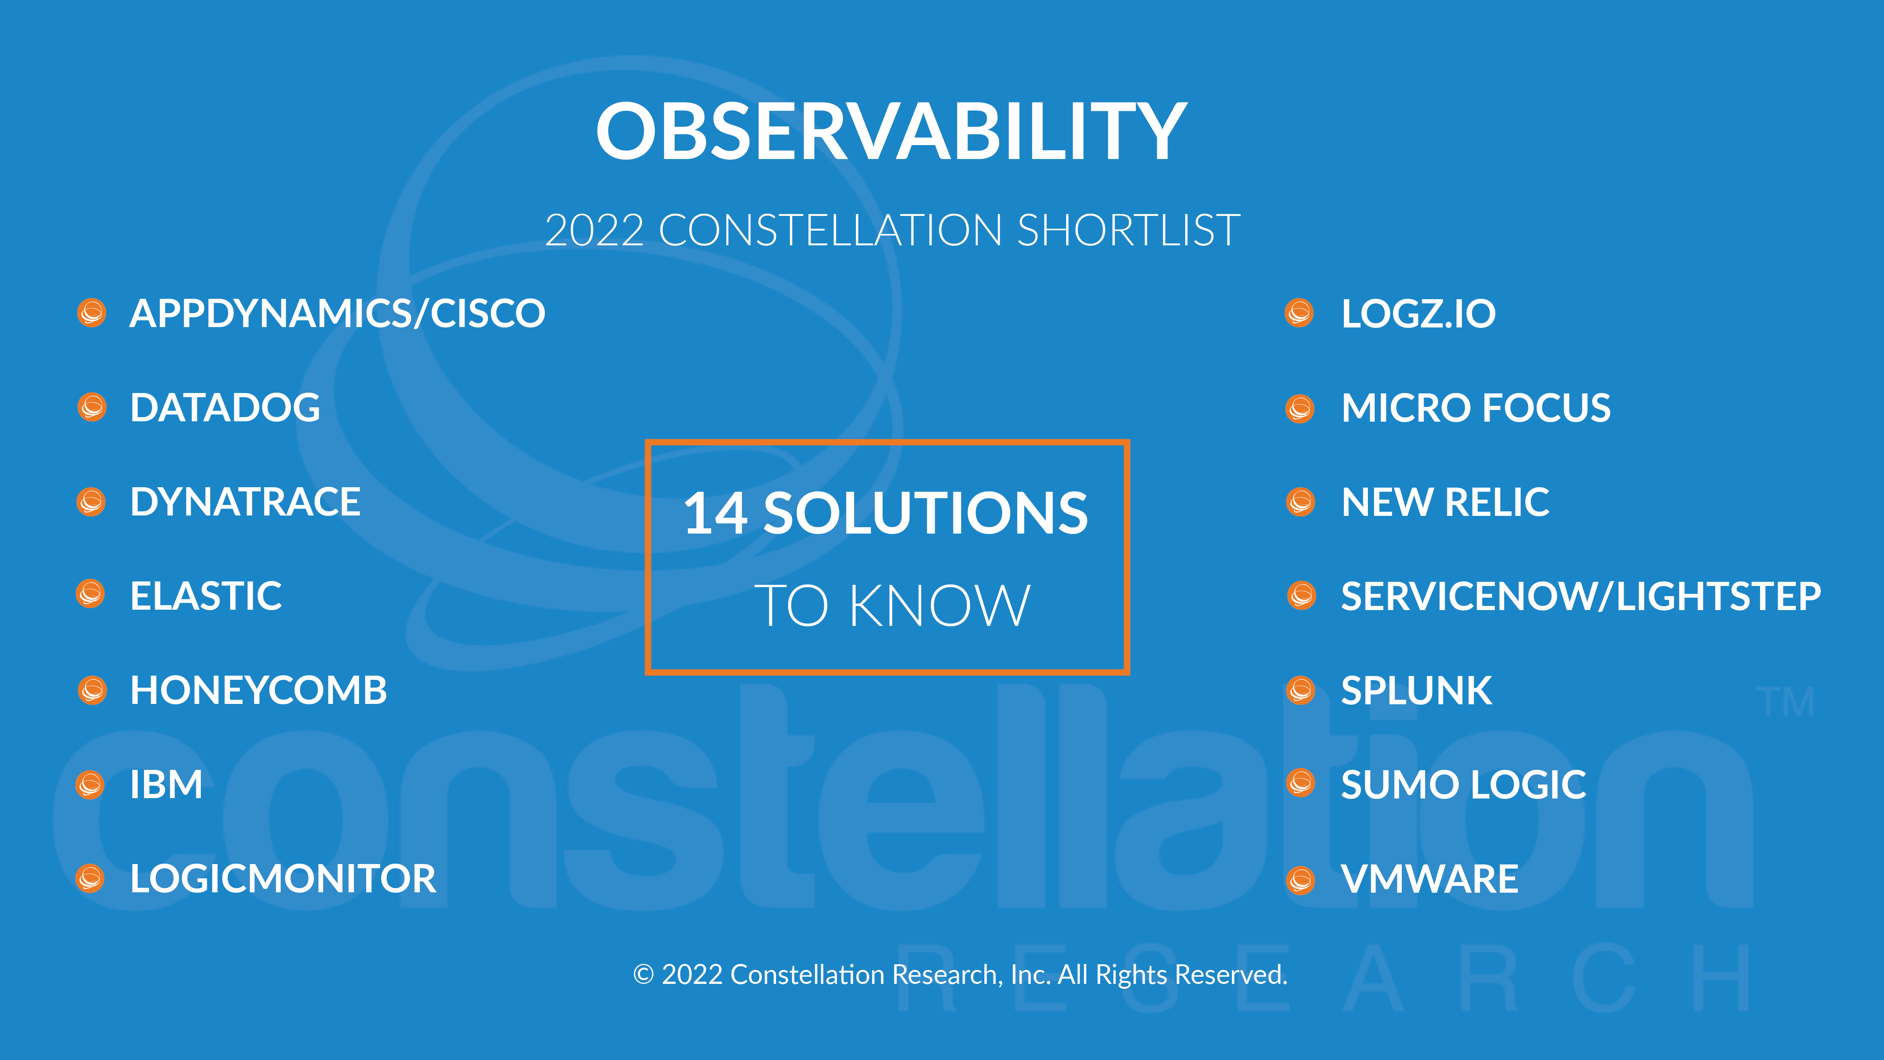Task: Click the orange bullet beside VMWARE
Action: click(1300, 880)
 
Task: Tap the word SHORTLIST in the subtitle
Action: click(1129, 231)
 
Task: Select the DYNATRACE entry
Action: click(245, 502)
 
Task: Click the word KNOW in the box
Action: click(940, 606)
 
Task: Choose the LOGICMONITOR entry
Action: click(283, 879)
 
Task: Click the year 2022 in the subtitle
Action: click(594, 231)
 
